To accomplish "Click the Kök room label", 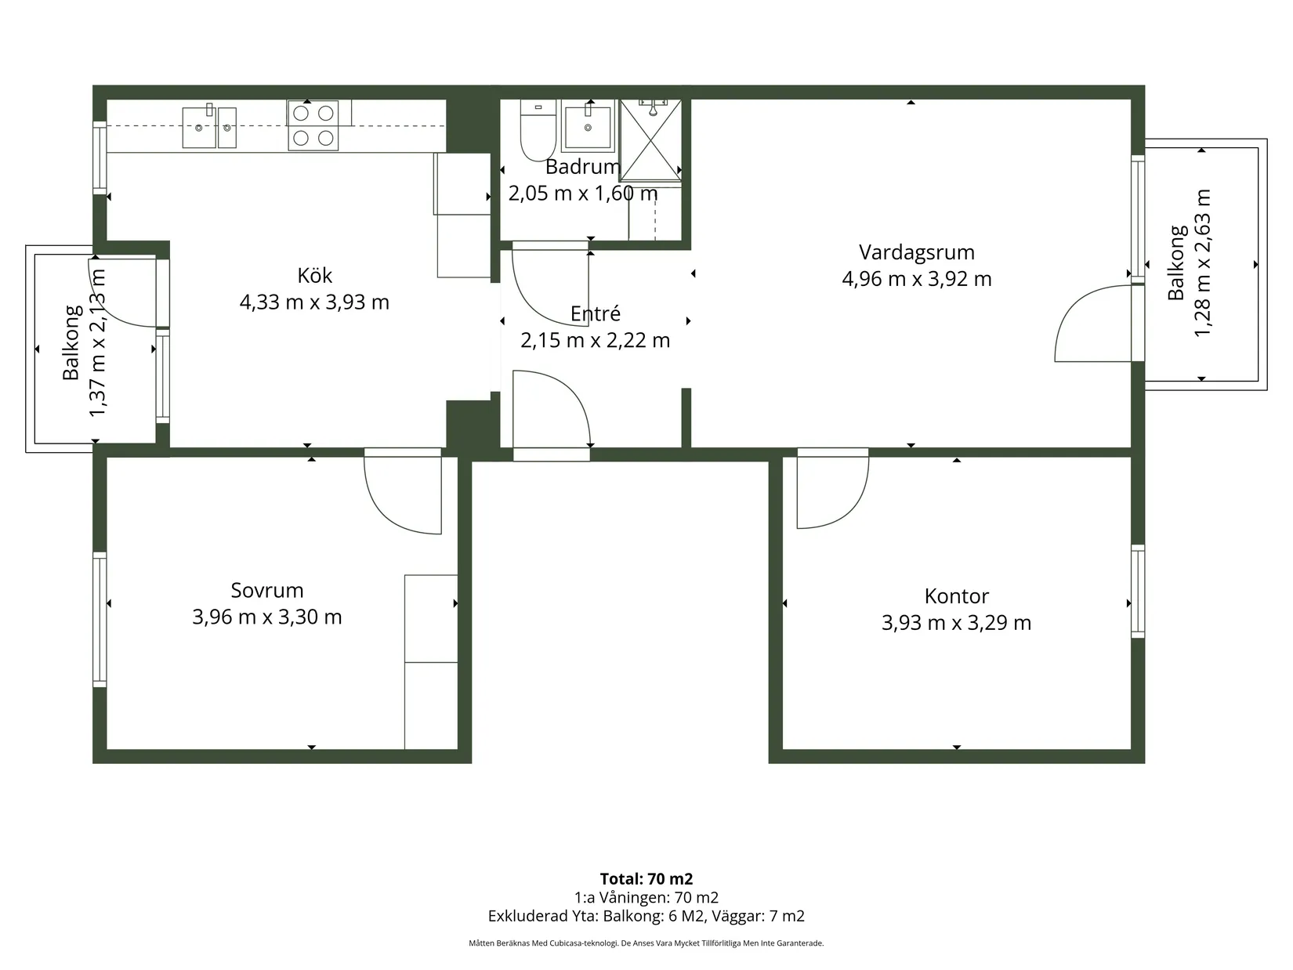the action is pyautogui.click(x=314, y=275).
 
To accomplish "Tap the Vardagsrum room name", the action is pyautogui.click(x=917, y=252).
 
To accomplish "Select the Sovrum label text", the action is pyautogui.click(x=267, y=590).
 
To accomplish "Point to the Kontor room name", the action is pyautogui.click(x=956, y=596).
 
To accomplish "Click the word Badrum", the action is pyautogui.click(x=582, y=167).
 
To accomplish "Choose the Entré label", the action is pyautogui.click(x=595, y=313).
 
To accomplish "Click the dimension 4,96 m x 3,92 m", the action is pyautogui.click(x=917, y=279).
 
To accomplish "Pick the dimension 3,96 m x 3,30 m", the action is pyautogui.click(x=267, y=617).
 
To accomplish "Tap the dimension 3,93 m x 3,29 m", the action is pyautogui.click(x=956, y=623).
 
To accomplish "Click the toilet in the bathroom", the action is pyautogui.click(x=538, y=131).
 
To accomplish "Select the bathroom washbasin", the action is pyautogui.click(x=587, y=125).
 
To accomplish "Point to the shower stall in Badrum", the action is pyautogui.click(x=650, y=140).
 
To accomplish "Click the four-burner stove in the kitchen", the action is pyautogui.click(x=313, y=125).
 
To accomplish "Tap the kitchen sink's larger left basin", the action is pyautogui.click(x=198, y=127).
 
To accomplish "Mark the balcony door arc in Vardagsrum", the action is pyautogui.click(x=1072, y=307).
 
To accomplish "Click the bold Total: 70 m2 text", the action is pyautogui.click(x=646, y=878).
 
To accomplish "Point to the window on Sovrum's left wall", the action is pyautogui.click(x=100, y=620).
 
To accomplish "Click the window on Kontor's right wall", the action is pyautogui.click(x=1138, y=592).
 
